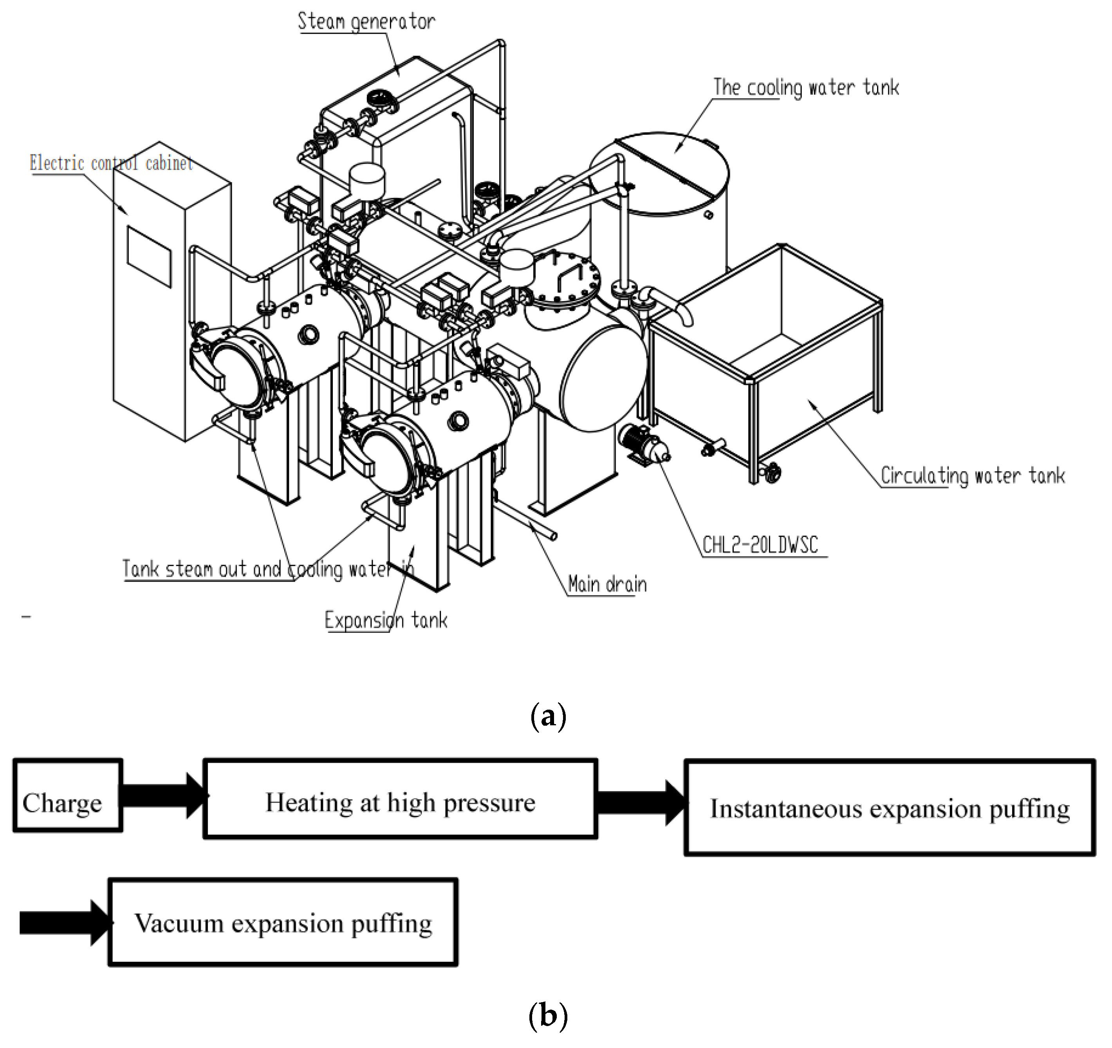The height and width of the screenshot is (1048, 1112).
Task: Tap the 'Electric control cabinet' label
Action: (x=111, y=163)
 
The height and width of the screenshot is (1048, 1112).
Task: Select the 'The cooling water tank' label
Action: (x=805, y=87)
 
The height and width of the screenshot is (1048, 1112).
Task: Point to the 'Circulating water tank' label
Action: (x=972, y=475)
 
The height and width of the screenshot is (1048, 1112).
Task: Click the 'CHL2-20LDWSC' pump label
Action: (x=760, y=544)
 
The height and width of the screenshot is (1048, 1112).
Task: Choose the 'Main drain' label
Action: (x=607, y=584)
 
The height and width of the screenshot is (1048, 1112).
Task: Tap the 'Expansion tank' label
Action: (x=386, y=620)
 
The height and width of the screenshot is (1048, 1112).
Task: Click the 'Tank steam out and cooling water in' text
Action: (x=267, y=569)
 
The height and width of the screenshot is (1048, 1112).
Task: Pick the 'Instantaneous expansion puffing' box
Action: (x=889, y=808)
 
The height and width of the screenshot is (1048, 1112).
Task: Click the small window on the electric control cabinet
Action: (x=149, y=256)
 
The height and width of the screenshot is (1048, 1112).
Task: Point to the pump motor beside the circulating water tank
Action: (x=643, y=442)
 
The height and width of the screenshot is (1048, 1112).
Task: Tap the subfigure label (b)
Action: (x=548, y=1014)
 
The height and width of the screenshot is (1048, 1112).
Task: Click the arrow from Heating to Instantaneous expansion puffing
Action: (x=641, y=803)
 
